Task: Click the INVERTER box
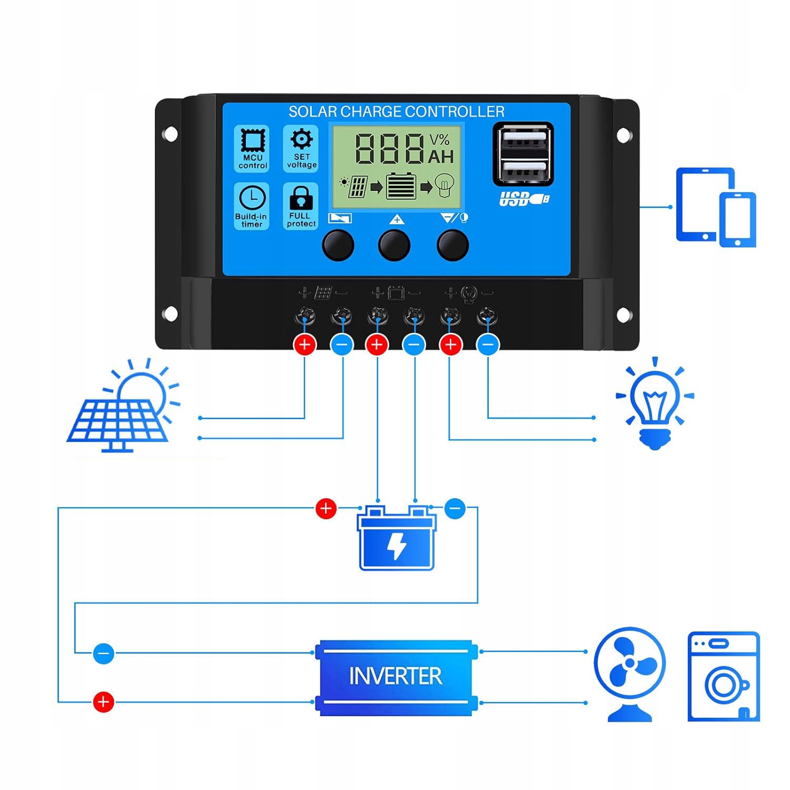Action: point(396,677)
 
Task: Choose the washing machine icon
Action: point(724,676)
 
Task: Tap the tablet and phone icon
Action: point(716,207)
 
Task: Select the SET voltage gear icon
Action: point(301,140)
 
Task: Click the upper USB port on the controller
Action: point(523,141)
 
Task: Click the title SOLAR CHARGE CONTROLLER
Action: point(396,112)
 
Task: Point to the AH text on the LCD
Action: point(440,156)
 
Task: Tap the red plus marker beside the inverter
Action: point(103,702)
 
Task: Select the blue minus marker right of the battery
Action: point(455,509)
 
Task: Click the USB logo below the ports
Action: point(524,199)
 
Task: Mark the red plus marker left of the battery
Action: point(325,508)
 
